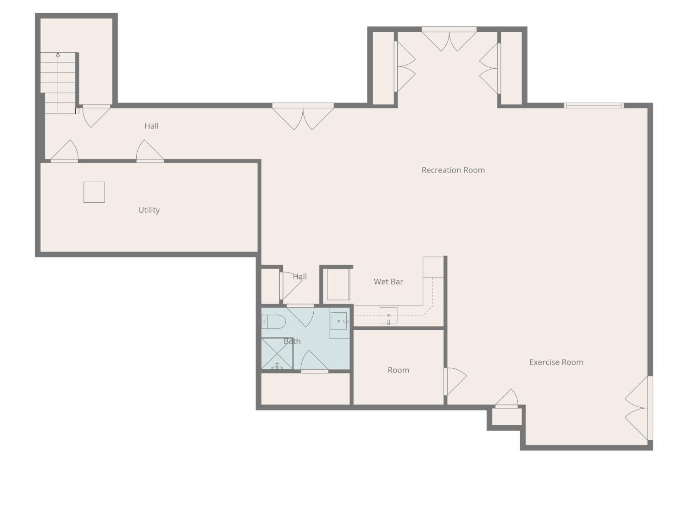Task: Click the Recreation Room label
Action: pyautogui.click(x=453, y=170)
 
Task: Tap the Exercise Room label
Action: pyautogui.click(x=556, y=362)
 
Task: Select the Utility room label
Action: pyautogui.click(x=149, y=210)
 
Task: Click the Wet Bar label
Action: pyautogui.click(x=388, y=282)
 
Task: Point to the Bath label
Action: pyautogui.click(x=292, y=341)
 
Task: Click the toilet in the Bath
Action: pyautogui.click(x=273, y=322)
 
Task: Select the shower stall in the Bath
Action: pyautogui.click(x=277, y=354)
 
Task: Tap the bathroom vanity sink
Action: pyautogui.click(x=339, y=322)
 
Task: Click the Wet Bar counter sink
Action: pyautogui.click(x=388, y=316)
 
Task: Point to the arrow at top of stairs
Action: pyautogui.click(x=58, y=55)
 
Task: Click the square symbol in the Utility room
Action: pyautogui.click(x=94, y=192)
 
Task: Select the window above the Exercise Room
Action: pyautogui.click(x=594, y=105)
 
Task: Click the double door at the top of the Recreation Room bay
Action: pyautogui.click(x=449, y=39)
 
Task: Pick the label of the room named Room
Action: pyautogui.click(x=398, y=370)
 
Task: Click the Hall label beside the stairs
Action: pyautogui.click(x=151, y=126)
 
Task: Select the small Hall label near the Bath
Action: pyautogui.click(x=300, y=277)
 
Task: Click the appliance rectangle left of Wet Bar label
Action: pyautogui.click(x=338, y=284)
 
